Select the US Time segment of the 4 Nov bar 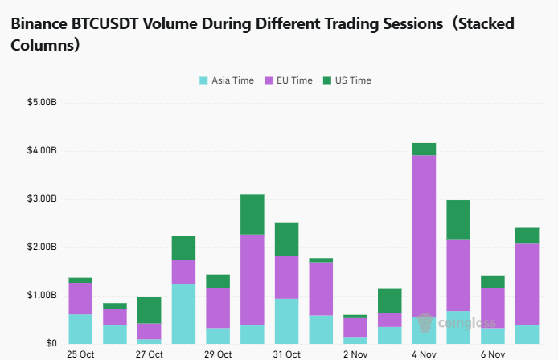pyautogui.click(x=424, y=149)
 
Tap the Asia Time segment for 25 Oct pyautogui.click(x=80, y=329)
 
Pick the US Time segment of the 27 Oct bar pyautogui.click(x=149, y=310)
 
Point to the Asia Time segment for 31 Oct pyautogui.click(x=286, y=321)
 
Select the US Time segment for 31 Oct pyautogui.click(x=286, y=239)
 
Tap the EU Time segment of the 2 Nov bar pyautogui.click(x=355, y=327)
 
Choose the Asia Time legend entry pyautogui.click(x=227, y=80)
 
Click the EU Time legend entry pyautogui.click(x=288, y=80)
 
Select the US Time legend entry pyautogui.click(x=347, y=80)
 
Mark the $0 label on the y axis pyautogui.click(x=51, y=344)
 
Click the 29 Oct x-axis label pyautogui.click(x=218, y=354)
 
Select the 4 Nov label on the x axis pyautogui.click(x=424, y=354)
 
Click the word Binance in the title pyautogui.click(x=37, y=23)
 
